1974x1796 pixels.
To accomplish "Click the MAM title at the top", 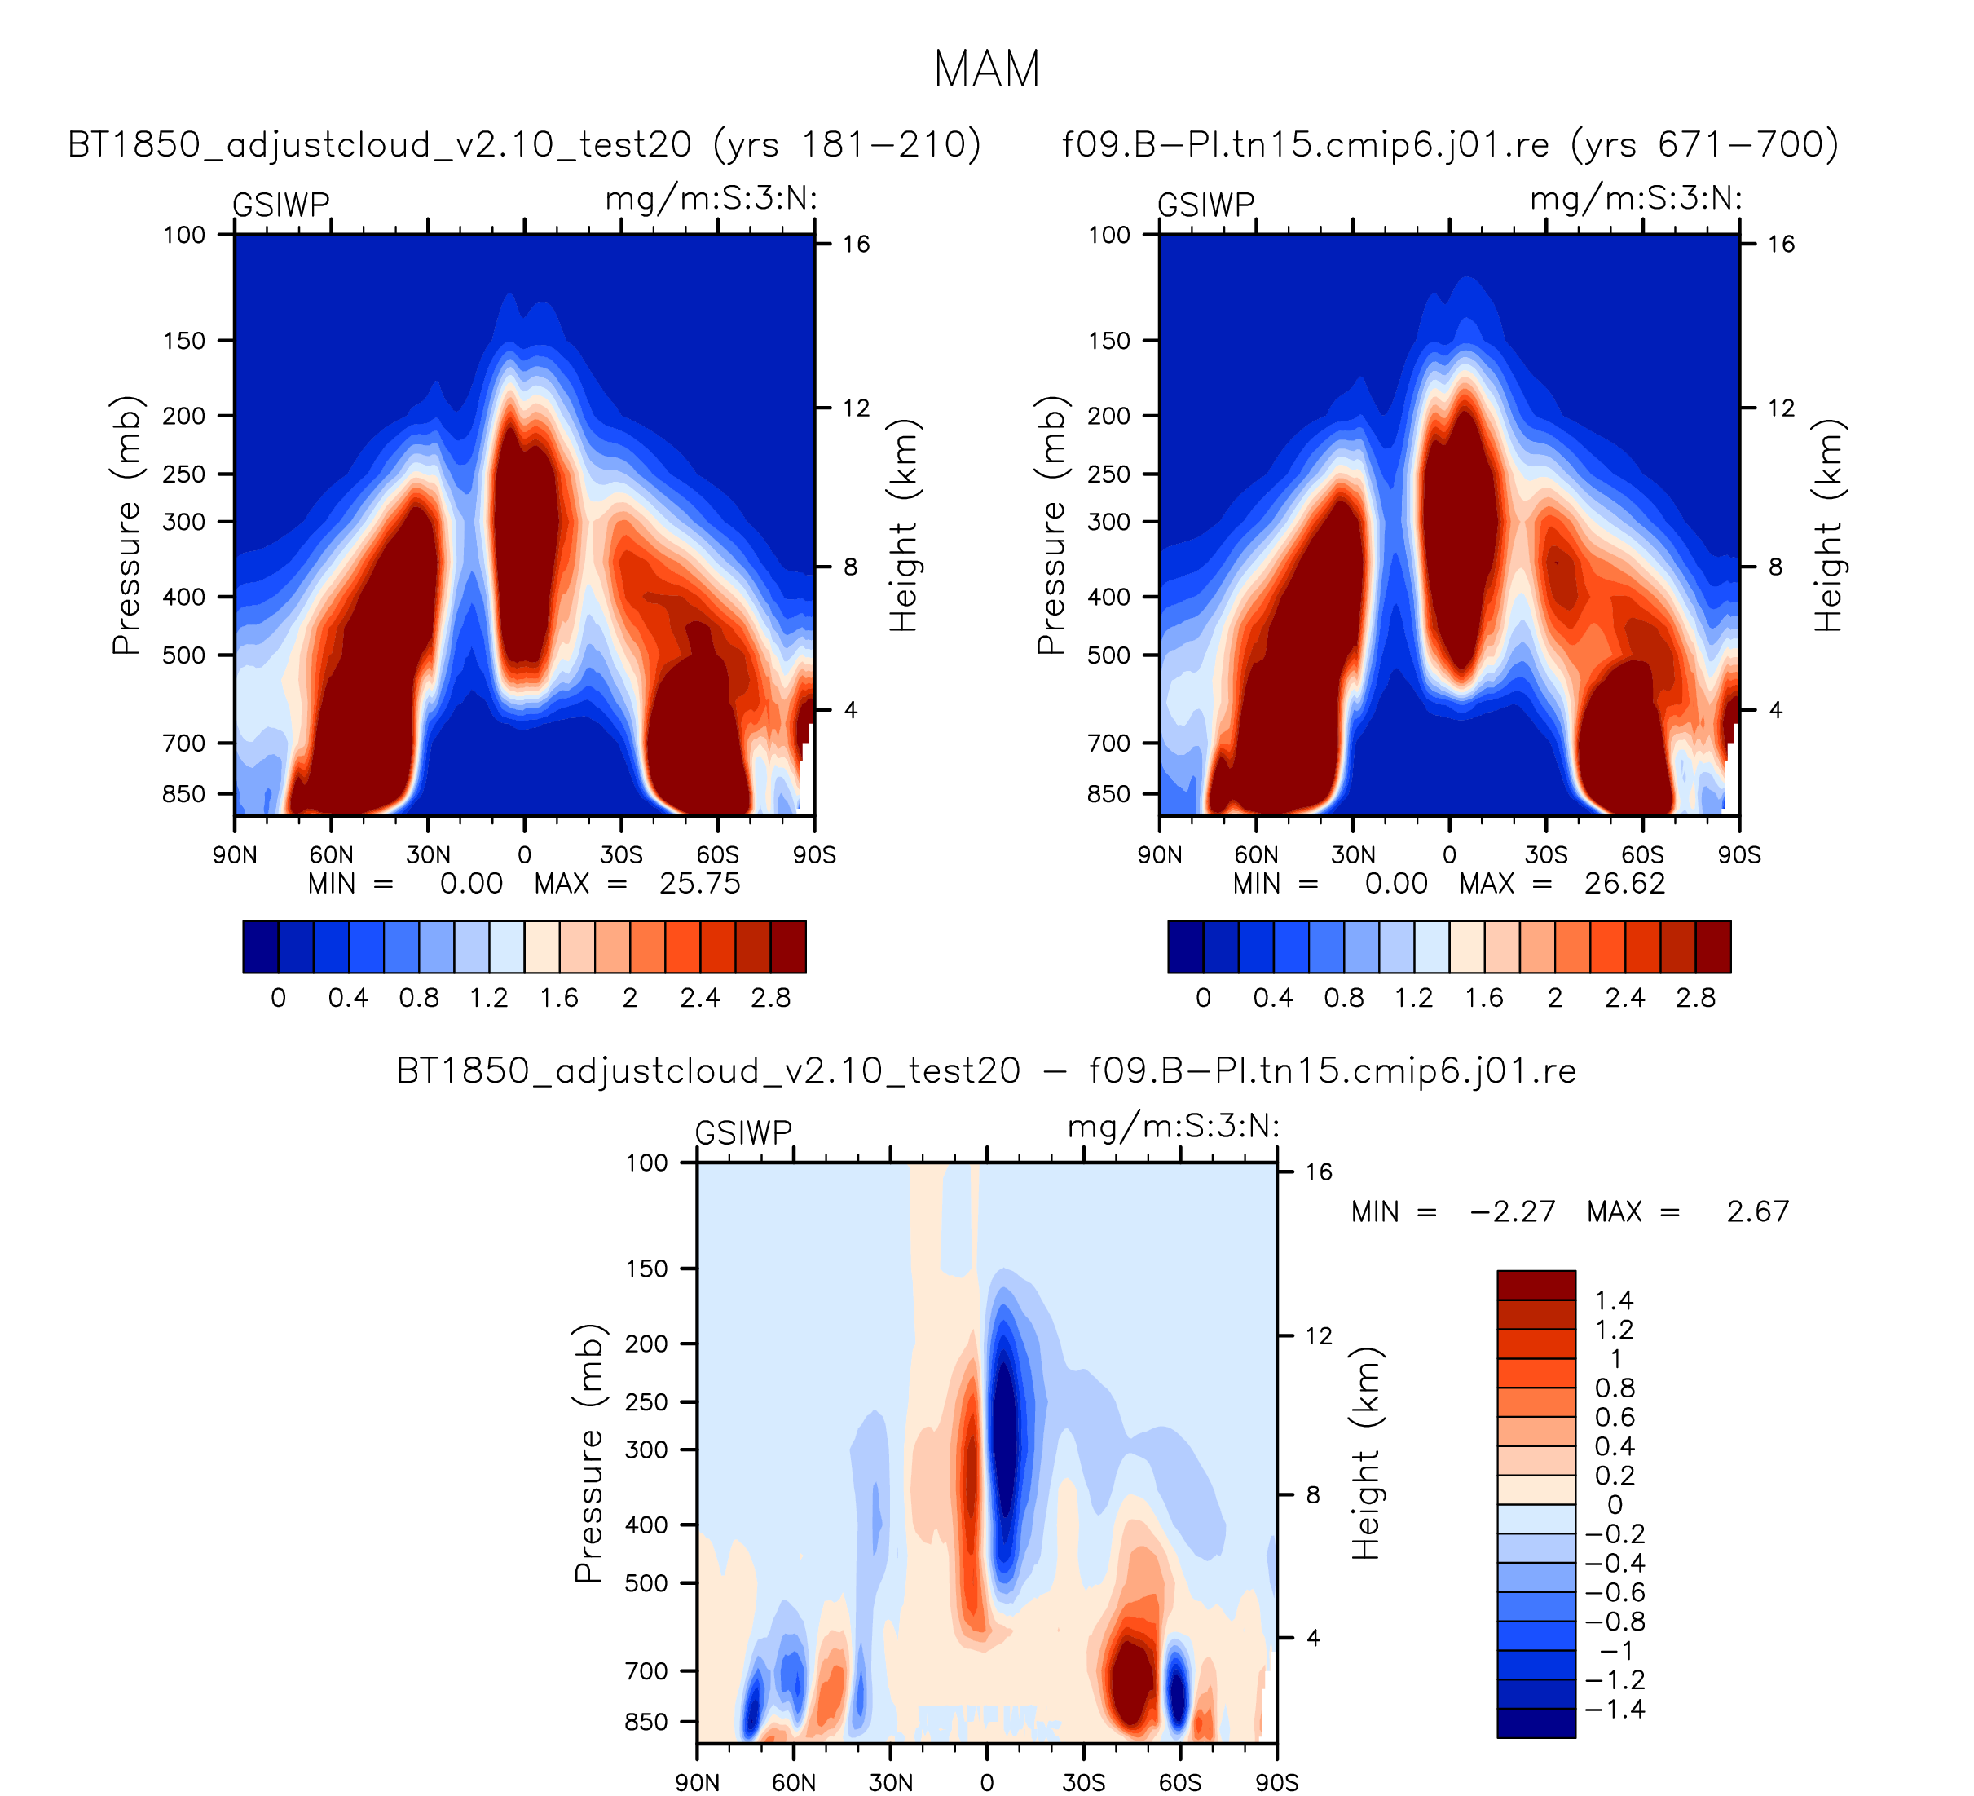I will tap(986, 69).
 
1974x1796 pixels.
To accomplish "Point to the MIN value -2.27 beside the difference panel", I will tap(1512, 1211).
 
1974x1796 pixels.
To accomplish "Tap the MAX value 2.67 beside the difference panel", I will tap(1757, 1211).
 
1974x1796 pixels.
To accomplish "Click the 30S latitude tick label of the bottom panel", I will tap(1083, 1781).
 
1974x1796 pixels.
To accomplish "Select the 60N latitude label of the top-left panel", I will tap(331, 855).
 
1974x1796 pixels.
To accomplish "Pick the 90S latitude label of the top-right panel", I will tap(1739, 855).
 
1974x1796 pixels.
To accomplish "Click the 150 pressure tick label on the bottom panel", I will tap(646, 1269).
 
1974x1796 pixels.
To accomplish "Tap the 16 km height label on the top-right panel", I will tap(1780, 244).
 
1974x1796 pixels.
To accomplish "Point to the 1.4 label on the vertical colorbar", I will tap(1614, 1300).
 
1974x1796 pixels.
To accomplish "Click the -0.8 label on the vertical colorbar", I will tap(1615, 1622).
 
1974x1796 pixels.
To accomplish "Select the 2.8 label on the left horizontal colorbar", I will tap(770, 998).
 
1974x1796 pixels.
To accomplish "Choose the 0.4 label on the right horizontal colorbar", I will tap(1273, 998).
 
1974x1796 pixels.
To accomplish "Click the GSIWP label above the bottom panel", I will tap(743, 1133).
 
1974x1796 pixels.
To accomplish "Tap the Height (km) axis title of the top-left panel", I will tap(903, 526).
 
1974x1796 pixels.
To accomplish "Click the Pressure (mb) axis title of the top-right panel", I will tap(1051, 526).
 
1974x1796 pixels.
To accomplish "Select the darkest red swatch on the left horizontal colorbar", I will tap(788, 947).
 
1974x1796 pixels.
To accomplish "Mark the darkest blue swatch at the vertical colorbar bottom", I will tap(1536, 1723).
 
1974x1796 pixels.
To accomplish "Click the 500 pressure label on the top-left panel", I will tap(184, 655).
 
